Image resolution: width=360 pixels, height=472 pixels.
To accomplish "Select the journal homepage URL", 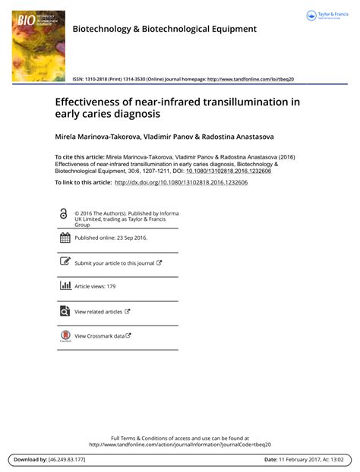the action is (x=250, y=79).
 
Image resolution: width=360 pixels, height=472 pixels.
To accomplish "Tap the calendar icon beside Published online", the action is (x=64, y=238).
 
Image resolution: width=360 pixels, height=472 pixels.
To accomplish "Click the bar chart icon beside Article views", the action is (x=64, y=286).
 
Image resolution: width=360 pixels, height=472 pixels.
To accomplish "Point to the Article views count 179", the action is (x=111, y=287).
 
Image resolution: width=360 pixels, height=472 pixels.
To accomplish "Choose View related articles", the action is (x=98, y=311).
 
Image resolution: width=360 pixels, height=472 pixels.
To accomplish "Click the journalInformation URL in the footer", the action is (x=179, y=445).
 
